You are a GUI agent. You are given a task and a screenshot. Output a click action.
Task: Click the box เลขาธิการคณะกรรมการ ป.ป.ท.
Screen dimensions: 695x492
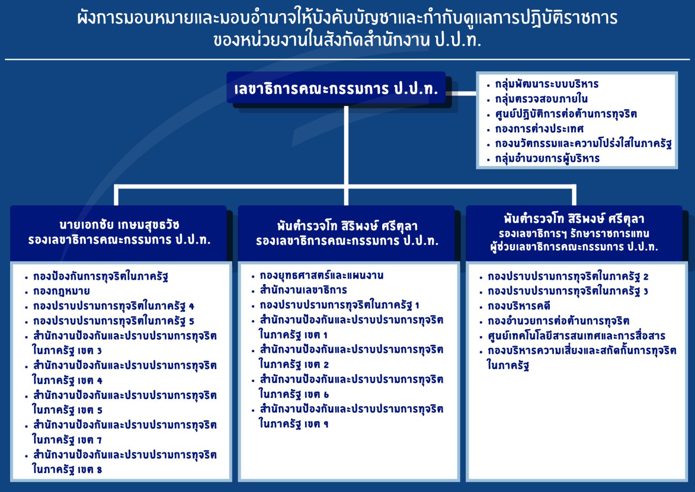point(336,88)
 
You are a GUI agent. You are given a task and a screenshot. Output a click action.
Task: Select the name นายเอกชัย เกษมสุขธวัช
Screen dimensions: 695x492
point(120,225)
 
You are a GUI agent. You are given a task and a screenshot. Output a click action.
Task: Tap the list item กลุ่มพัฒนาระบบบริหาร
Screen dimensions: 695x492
point(547,84)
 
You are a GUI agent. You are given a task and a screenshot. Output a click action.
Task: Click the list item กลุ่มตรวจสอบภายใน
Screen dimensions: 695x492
point(542,99)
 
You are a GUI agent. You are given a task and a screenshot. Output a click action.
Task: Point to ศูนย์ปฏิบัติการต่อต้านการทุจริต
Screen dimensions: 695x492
point(566,114)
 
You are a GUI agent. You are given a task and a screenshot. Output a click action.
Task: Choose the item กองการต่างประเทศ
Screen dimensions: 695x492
point(539,128)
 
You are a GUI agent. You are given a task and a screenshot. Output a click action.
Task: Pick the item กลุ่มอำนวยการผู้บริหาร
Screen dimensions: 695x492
point(548,159)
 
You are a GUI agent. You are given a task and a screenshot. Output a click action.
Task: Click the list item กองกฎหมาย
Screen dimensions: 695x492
point(62,291)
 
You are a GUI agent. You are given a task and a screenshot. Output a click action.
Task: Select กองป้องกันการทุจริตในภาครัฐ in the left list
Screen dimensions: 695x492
point(101,277)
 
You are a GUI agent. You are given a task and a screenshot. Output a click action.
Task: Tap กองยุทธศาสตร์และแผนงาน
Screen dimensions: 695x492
point(322,276)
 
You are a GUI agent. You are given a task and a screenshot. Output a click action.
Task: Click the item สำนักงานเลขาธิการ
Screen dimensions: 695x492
point(304,290)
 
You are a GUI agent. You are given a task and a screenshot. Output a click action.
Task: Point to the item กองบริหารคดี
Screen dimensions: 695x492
point(519,306)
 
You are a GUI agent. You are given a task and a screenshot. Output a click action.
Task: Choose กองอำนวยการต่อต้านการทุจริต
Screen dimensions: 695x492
point(558,321)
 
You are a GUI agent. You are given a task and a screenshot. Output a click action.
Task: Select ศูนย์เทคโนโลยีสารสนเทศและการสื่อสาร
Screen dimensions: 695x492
point(576,336)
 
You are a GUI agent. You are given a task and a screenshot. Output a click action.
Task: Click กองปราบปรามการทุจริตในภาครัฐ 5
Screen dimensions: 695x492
point(114,321)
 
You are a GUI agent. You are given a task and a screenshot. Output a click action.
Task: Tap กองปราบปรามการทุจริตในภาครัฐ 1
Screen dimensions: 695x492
point(340,305)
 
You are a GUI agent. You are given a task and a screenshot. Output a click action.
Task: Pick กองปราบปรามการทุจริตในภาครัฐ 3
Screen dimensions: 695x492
point(568,291)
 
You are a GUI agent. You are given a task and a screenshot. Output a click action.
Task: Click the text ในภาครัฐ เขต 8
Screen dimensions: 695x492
point(67,469)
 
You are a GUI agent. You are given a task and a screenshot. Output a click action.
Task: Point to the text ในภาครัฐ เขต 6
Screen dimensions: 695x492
point(294,394)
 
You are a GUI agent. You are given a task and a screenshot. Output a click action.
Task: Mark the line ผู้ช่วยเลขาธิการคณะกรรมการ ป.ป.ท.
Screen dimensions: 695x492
point(574,247)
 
